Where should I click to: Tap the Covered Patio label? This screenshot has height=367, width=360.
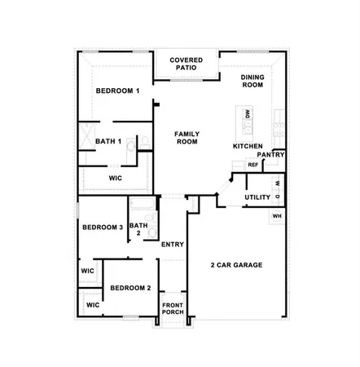pos(186,64)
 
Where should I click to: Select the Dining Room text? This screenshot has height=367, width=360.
pos(252,81)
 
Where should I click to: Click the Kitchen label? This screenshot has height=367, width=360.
pos(248,146)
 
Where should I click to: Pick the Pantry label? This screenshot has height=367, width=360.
pos(270,154)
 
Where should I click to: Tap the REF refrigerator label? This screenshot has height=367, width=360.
pos(253,165)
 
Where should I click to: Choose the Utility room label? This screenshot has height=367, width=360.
pos(257,197)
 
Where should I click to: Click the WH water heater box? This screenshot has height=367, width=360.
pos(277,215)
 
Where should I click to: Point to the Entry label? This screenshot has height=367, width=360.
pos(173,244)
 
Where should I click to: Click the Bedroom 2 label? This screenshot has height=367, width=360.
pos(130,288)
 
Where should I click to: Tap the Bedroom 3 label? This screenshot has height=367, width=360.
pos(103,227)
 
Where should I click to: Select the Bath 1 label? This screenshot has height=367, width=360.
pos(108,141)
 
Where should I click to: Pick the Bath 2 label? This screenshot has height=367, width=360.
pos(138,229)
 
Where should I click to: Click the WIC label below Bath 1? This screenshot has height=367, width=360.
pos(116,177)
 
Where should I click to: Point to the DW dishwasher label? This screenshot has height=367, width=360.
pos(248,115)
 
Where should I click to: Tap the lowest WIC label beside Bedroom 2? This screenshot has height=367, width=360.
pos(92,305)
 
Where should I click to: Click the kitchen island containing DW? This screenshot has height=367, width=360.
pos(247,122)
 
